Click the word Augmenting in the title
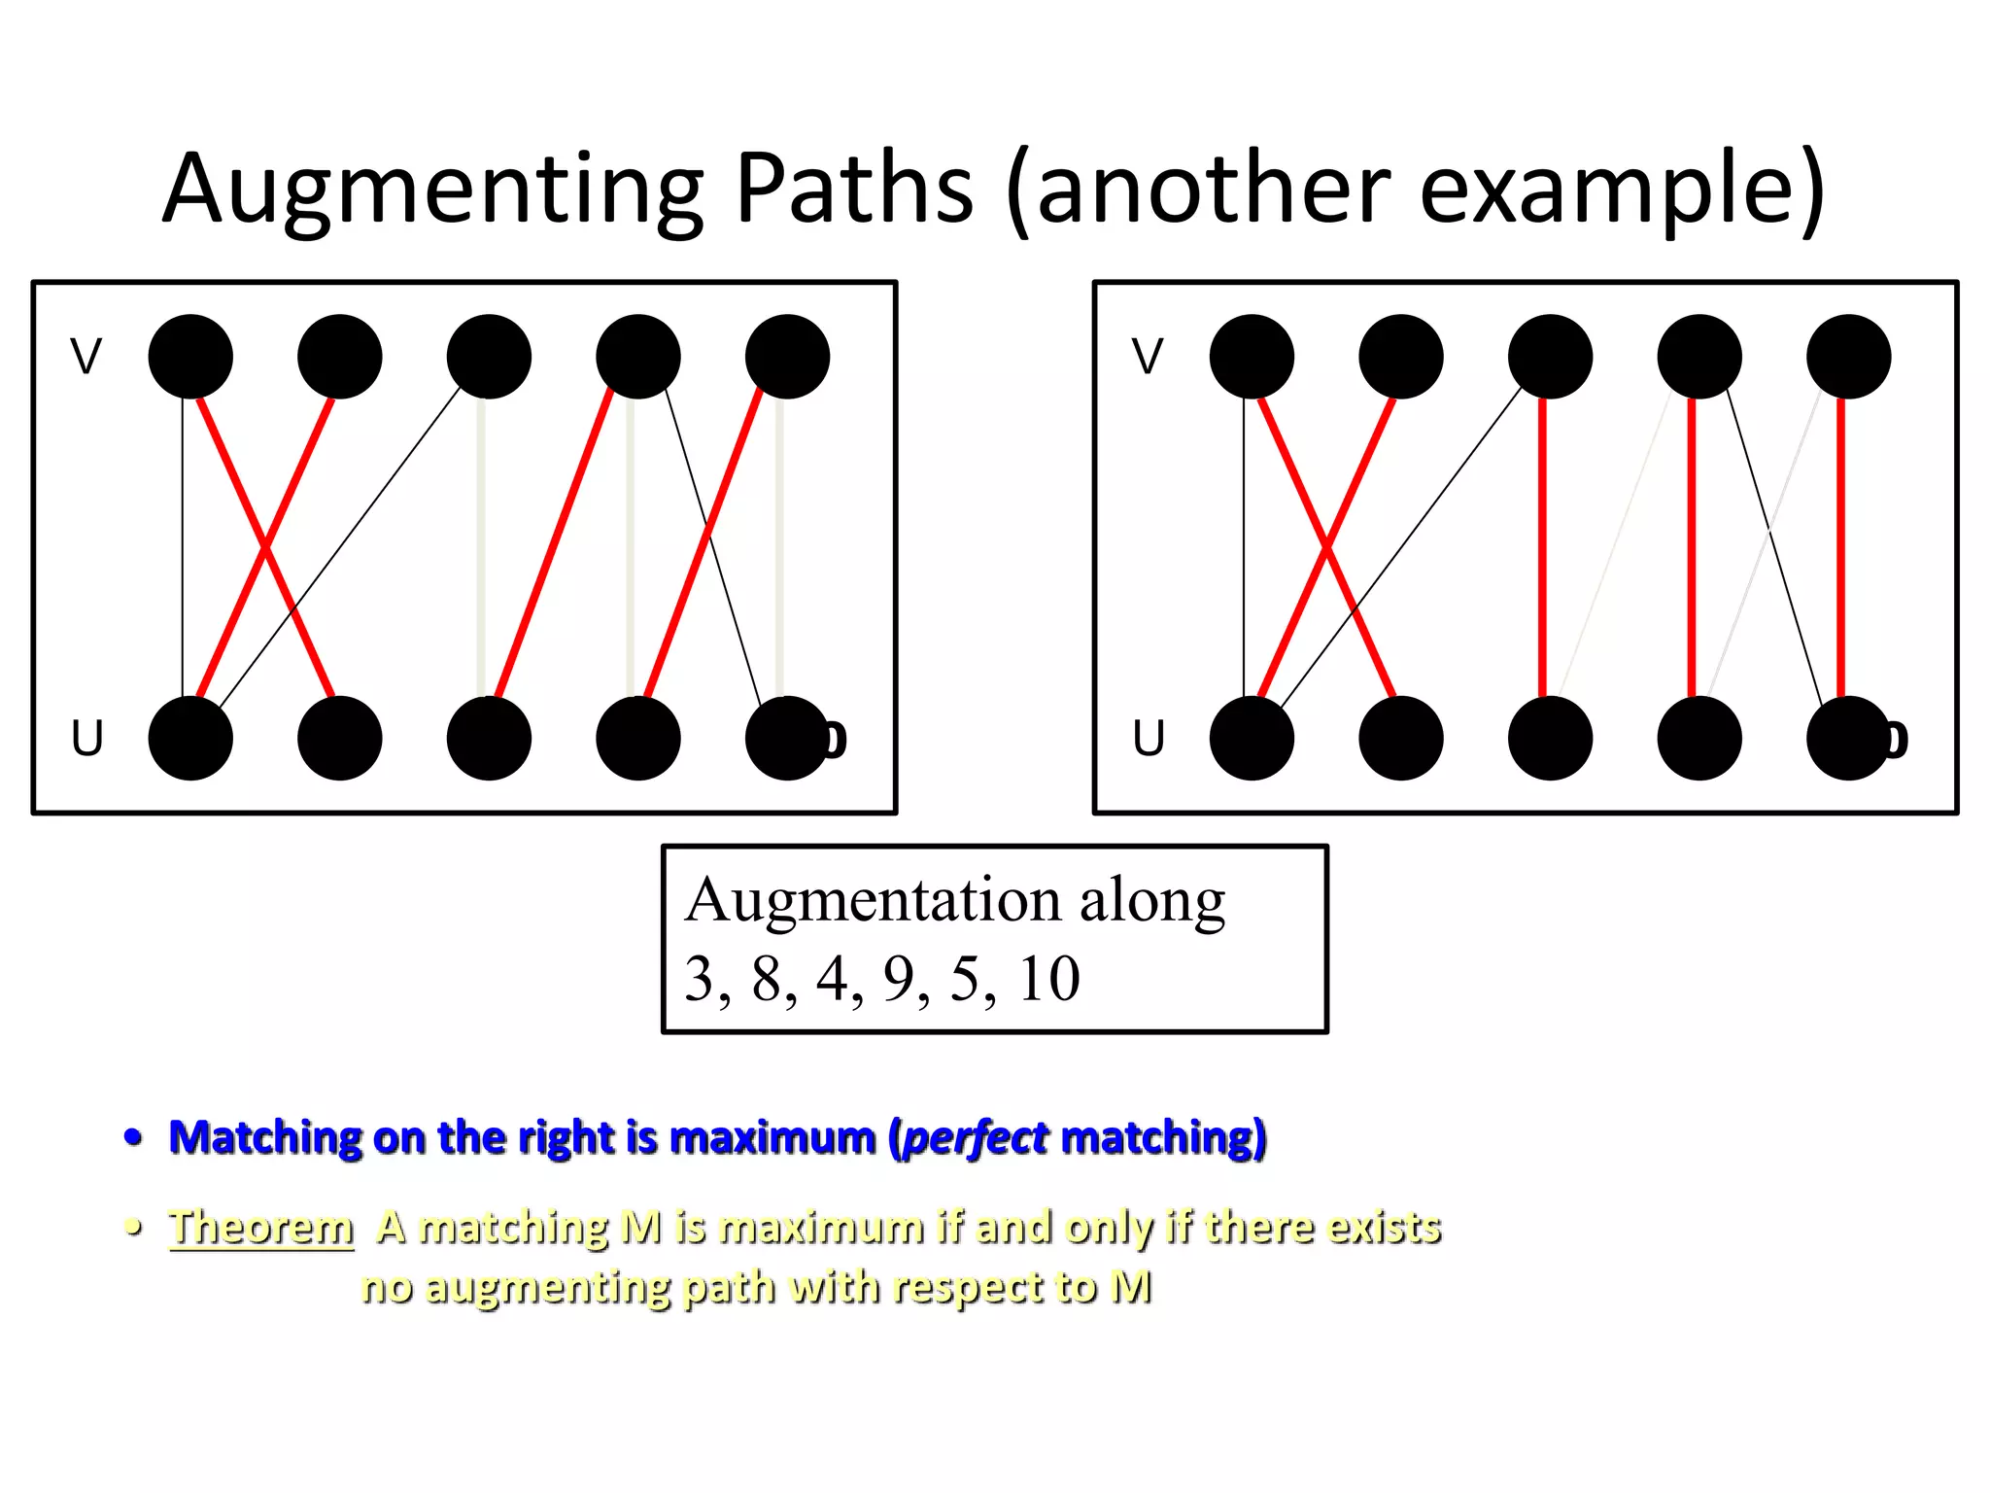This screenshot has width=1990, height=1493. (x=433, y=190)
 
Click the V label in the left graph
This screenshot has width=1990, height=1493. (x=86, y=357)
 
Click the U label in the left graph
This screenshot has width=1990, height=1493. (x=86, y=739)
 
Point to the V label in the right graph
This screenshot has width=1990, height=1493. (x=1147, y=357)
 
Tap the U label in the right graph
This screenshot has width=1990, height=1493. (x=1148, y=739)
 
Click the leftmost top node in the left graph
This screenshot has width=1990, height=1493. (x=190, y=357)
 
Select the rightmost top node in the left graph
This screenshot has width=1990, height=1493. (x=787, y=357)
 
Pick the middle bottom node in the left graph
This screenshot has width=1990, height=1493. (x=489, y=739)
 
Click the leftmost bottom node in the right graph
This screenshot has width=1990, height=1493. (x=1252, y=739)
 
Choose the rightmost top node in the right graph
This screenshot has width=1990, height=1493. (x=1848, y=357)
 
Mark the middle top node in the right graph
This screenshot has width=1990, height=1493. (x=1550, y=357)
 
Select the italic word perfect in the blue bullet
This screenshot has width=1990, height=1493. (x=975, y=1137)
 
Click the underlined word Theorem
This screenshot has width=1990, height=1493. (x=260, y=1227)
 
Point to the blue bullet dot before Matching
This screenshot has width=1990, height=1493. (x=134, y=1137)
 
